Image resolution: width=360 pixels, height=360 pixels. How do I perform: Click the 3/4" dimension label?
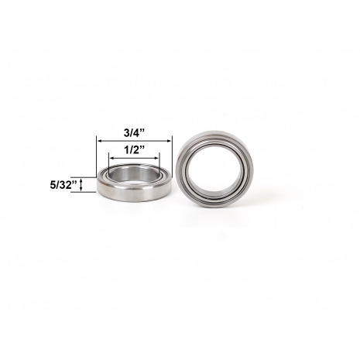click(x=134, y=133)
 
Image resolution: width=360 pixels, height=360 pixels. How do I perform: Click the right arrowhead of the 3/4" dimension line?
click(x=170, y=141)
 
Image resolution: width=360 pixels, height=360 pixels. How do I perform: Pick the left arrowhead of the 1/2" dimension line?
click(x=111, y=158)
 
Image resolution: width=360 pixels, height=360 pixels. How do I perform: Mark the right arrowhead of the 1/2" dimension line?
click(x=156, y=158)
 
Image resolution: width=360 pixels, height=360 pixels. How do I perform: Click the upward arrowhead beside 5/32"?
click(x=81, y=180)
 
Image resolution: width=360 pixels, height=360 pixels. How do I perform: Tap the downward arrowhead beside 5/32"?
click(x=81, y=189)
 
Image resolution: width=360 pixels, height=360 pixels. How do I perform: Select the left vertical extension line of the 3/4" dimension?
click(x=97, y=156)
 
